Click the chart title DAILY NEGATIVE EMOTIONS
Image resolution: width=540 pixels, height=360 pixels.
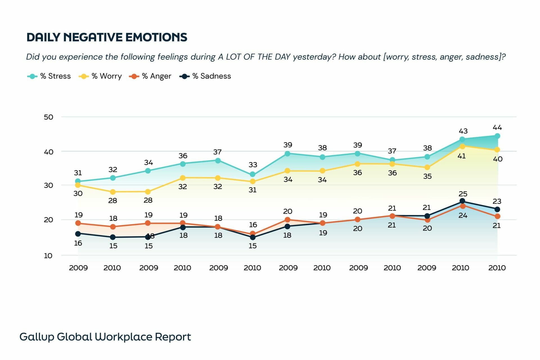click(107, 37)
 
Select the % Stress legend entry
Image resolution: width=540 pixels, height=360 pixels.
click(49, 76)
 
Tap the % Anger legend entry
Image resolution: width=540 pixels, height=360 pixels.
click(150, 76)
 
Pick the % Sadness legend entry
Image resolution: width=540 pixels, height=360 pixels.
click(205, 76)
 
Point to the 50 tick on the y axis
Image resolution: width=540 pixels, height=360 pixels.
click(48, 117)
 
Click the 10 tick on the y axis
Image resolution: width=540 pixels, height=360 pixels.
click(48, 256)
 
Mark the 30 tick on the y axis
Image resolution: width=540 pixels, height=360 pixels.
click(48, 185)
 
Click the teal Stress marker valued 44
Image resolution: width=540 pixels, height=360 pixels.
click(497, 136)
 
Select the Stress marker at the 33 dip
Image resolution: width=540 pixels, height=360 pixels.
click(253, 174)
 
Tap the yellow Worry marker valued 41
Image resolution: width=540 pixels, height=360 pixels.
click(462, 146)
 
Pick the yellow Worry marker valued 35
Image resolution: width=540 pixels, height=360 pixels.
click(427, 167)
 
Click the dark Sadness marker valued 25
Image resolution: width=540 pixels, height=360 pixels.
click(462, 201)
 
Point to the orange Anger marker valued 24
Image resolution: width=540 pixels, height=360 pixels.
click(462, 206)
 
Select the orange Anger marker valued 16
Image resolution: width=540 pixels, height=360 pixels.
click(253, 233)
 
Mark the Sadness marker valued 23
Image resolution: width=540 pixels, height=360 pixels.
click(497, 209)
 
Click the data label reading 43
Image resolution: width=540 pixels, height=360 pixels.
click(463, 131)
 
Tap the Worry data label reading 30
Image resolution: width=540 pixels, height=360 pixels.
click(78, 193)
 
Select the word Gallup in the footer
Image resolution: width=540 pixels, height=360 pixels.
click(36, 337)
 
